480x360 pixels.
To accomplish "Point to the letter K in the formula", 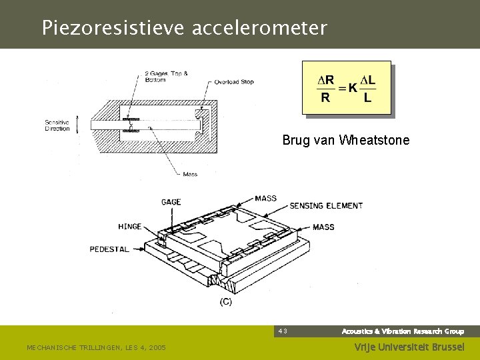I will [352, 89].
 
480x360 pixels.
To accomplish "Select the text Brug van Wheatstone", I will [345, 141].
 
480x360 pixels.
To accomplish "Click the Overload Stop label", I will [234, 82].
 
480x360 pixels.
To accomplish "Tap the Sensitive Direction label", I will [57, 125].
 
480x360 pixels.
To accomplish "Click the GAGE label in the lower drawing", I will [171, 202].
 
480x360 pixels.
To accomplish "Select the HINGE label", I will [129, 227].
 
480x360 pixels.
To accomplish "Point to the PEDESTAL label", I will [111, 249].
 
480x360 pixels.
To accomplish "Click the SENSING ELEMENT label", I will [326, 206].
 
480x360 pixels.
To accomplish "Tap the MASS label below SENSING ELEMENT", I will [323, 227].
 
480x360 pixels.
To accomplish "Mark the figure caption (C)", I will [226, 302].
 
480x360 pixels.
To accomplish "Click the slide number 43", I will [283, 331].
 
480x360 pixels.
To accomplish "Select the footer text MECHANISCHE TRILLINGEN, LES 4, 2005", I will [96, 347].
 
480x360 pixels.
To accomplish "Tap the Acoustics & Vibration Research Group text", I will [403, 331].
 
